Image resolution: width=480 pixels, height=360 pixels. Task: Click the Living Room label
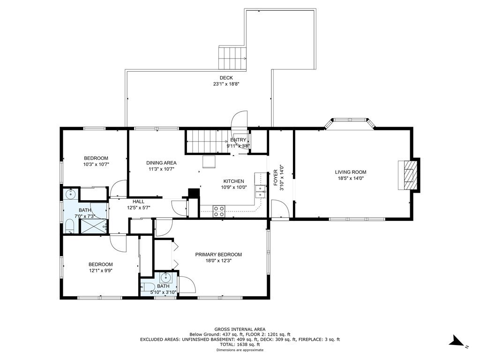click(x=350, y=172)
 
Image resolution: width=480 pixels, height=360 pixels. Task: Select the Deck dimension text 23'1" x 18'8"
click(x=226, y=84)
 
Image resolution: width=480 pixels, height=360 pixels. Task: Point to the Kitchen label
click(x=233, y=181)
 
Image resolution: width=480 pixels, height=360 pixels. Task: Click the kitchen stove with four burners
click(x=219, y=210)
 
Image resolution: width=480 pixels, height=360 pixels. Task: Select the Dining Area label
click(x=161, y=163)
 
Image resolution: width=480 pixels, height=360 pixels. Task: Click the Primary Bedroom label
click(x=218, y=255)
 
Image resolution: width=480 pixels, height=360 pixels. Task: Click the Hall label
click(x=138, y=202)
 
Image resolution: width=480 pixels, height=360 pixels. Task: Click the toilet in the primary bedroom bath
click(x=148, y=287)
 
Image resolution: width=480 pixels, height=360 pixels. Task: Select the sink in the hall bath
click(x=71, y=193)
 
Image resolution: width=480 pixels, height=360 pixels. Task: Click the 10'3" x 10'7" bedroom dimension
click(x=96, y=165)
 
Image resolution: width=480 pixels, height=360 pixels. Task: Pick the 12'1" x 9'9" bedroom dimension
click(x=100, y=270)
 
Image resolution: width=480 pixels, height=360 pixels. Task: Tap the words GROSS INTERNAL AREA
click(x=240, y=330)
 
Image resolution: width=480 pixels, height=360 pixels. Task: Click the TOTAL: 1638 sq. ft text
click(x=240, y=345)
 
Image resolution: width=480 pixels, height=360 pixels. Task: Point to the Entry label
click(x=238, y=140)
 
